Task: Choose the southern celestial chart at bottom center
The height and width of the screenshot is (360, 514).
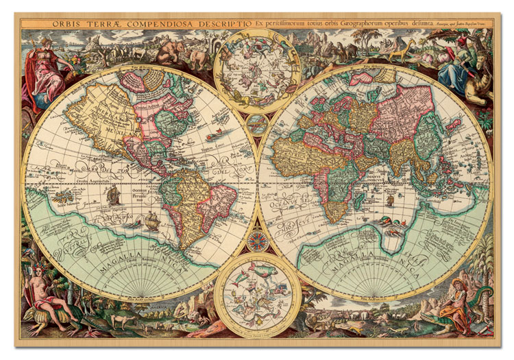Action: pos(257,296)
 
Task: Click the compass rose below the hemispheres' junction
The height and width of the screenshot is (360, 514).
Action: pos(258,241)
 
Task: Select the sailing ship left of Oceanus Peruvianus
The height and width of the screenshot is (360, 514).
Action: pos(113,195)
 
